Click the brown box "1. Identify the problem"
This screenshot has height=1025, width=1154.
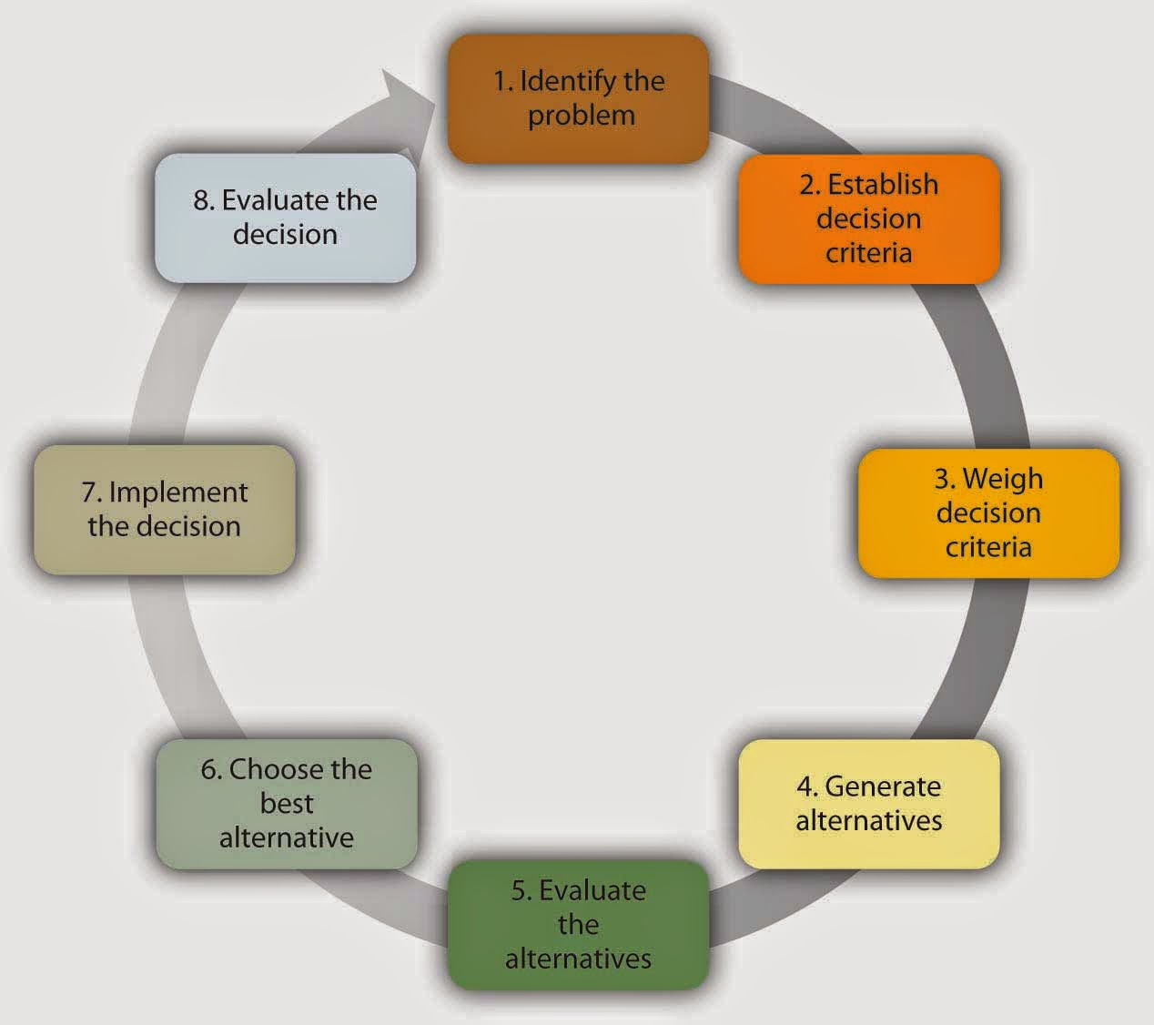coord(577,98)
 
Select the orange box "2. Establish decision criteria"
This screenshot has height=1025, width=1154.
coord(868,218)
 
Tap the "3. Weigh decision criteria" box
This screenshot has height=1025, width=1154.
coord(988,512)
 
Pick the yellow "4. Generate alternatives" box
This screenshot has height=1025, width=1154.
coord(868,803)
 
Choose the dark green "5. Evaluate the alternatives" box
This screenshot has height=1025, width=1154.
coord(577,924)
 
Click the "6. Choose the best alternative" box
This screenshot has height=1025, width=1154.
coord(286,803)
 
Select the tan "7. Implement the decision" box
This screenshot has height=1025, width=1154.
coord(164,509)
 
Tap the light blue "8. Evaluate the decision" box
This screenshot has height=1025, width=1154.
coord(285,217)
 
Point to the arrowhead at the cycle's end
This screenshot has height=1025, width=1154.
coord(406,95)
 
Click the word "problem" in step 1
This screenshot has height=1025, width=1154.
coord(581,117)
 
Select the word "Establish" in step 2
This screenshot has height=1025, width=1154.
coord(883,185)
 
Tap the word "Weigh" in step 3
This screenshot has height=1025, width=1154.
coord(1003,479)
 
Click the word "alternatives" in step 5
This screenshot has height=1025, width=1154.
coord(578,959)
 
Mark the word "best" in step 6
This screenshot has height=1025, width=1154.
coord(286,804)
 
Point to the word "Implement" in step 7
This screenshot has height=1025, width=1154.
coord(178,492)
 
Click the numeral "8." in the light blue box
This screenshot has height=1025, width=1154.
coord(203,200)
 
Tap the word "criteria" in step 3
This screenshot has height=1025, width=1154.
coord(988,547)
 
